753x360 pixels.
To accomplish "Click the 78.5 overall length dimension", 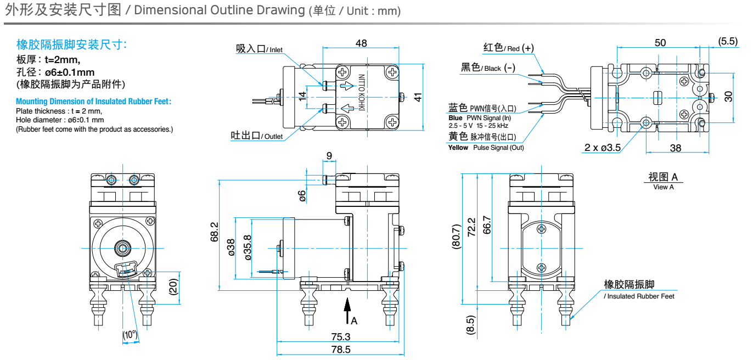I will click(340, 350).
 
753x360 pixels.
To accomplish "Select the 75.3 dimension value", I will click(340, 336).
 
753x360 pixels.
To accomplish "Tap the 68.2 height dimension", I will click(215, 232).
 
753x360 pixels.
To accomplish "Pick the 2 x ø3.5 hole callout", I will click(602, 148).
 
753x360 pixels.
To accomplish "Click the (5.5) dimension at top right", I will click(728, 42).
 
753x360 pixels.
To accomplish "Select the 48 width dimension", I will click(361, 44).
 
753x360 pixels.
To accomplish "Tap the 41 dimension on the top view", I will click(418, 97).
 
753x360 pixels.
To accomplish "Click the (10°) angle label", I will click(130, 335).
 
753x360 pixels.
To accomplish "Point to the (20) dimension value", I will click(173, 286).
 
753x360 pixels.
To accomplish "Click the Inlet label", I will click(259, 49).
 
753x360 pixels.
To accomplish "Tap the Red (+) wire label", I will click(508, 48).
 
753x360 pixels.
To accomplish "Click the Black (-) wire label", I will click(487, 67).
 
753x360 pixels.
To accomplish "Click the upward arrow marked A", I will click(347, 311).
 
